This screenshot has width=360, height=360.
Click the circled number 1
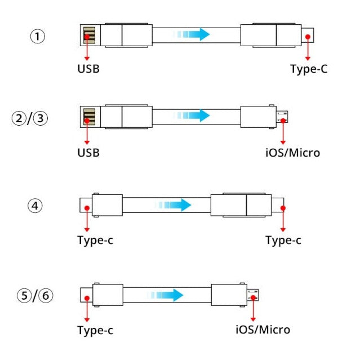(x=38, y=37)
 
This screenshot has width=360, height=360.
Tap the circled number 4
(x=35, y=206)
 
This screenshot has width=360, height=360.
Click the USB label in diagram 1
(x=88, y=70)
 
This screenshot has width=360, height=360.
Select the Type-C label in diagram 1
(x=309, y=69)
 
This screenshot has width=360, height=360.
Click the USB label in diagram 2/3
(x=88, y=153)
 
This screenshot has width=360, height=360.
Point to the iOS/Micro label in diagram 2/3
(x=292, y=153)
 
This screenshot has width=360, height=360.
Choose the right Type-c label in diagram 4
(x=283, y=241)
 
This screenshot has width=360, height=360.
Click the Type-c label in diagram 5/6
(x=95, y=331)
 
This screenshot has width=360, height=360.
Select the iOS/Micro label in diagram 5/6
(x=263, y=330)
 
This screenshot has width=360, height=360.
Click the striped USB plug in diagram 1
(x=89, y=36)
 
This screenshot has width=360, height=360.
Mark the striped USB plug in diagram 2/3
(x=89, y=117)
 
